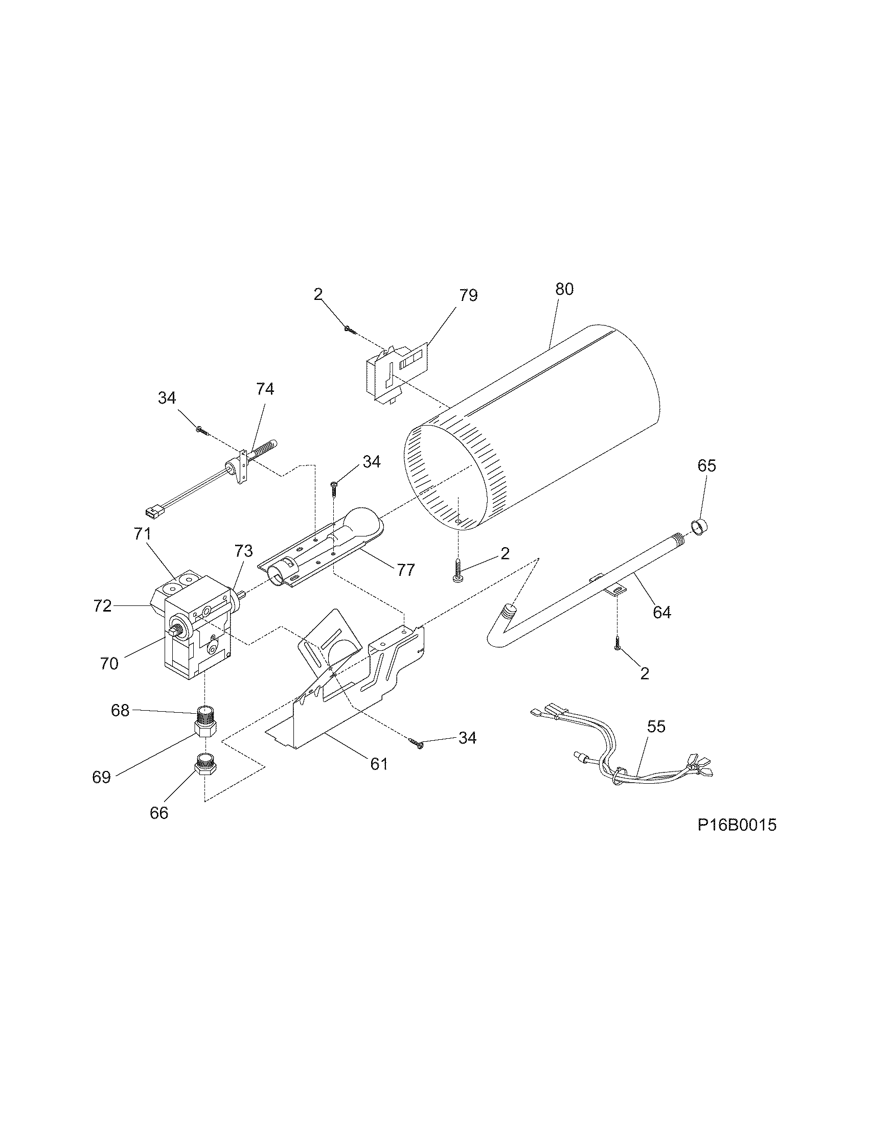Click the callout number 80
coord(564,289)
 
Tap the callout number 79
coord(468,295)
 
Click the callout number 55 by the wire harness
coord(656,727)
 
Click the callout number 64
coord(661,613)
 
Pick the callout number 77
coord(406,570)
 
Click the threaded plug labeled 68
coord(205,713)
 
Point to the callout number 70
coord(109,664)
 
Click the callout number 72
coord(102,606)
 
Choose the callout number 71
coord(142,534)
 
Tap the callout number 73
coord(243,551)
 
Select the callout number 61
coord(379,764)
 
